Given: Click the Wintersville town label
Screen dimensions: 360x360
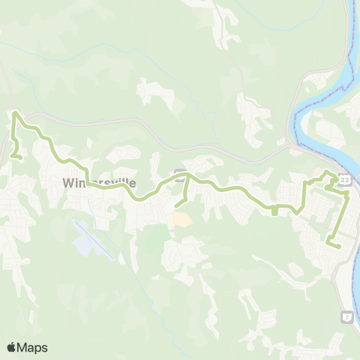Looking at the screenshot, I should coord(99,182).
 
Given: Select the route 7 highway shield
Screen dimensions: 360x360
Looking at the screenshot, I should coord(346,316).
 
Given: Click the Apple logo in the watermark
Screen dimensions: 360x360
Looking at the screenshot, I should coord(12,347).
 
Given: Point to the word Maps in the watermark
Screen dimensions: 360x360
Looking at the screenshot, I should coord(33,347).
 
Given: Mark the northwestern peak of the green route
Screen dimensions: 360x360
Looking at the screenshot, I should coord(16,113).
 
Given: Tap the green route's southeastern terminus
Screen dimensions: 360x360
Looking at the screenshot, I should coord(338,245).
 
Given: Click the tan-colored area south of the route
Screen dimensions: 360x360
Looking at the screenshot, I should coord(181,220).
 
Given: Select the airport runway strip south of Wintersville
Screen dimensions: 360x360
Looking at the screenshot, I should coord(97,240).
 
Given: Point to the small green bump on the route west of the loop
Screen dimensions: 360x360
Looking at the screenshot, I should coord(274,211).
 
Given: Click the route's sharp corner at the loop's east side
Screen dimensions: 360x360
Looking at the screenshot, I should coord(348,193).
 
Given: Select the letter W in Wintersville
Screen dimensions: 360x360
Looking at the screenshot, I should coord(68,182).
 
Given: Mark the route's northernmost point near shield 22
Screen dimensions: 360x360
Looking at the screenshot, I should coord(327,173).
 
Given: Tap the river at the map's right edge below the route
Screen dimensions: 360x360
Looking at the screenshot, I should coord(356,270).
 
